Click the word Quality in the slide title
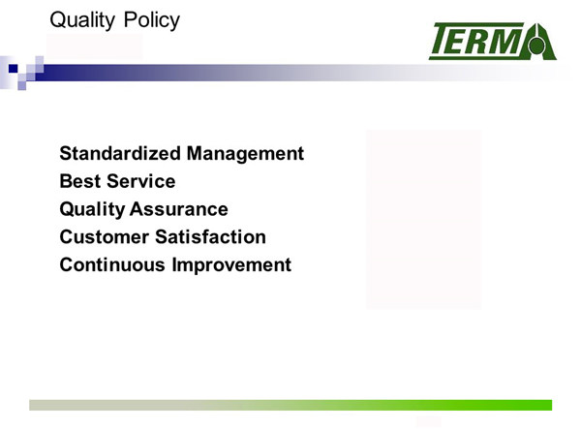click(82, 20)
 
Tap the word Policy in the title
click(152, 20)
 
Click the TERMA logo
click(493, 41)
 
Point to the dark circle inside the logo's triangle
click(536, 46)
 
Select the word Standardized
click(120, 153)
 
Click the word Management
click(245, 154)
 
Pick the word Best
click(80, 181)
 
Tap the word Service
click(141, 181)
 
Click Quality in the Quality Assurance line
click(92, 210)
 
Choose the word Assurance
click(179, 209)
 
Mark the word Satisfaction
click(210, 237)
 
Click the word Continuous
click(112, 264)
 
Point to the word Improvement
click(231, 265)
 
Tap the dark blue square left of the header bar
click(13, 68)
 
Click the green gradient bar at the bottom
click(290, 405)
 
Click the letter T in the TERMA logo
click(444, 39)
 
